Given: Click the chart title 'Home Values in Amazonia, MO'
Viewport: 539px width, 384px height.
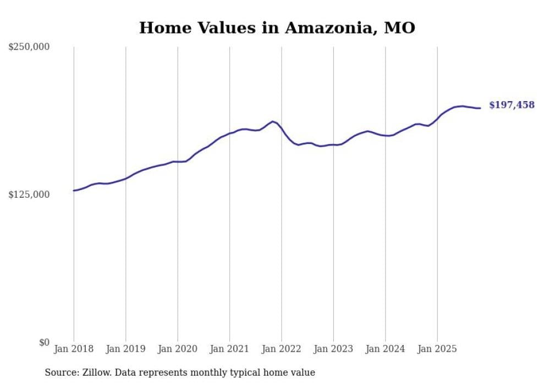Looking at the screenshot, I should pos(277,27).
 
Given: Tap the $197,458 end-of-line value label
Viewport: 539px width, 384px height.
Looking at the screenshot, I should pos(512,105).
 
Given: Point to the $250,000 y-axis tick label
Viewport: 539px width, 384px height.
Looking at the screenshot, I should pos(29,47).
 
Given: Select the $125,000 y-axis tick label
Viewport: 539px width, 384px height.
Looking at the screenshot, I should pos(29,195).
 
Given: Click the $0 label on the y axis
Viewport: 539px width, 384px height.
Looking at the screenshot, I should pos(43,342).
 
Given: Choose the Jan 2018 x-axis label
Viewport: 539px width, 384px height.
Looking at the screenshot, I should pos(74,349).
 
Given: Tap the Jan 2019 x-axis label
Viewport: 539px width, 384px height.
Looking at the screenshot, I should pos(126,349).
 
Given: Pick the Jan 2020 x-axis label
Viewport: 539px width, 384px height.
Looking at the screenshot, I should pos(178,349).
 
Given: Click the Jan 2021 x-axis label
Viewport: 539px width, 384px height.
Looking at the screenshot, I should pos(230,349).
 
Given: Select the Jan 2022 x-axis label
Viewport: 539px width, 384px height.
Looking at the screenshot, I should pos(282,349).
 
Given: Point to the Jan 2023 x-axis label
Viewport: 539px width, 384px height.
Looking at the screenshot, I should pos(334,349).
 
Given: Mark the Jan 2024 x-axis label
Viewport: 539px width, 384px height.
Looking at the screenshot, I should pos(386,349).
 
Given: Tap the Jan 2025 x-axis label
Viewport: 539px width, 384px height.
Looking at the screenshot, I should pos(437,349).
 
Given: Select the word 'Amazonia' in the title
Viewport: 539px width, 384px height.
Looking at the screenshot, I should pos(327,27).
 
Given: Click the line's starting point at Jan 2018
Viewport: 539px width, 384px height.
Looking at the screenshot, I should pos(74,191).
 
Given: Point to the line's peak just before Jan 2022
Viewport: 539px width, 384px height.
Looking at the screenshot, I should pos(272,121).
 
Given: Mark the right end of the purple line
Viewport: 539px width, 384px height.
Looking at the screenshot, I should pos(480,108).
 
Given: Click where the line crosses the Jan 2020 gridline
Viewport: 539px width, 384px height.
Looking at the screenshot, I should pos(178,162).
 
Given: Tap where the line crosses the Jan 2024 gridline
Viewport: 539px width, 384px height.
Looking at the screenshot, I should pos(386,136).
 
